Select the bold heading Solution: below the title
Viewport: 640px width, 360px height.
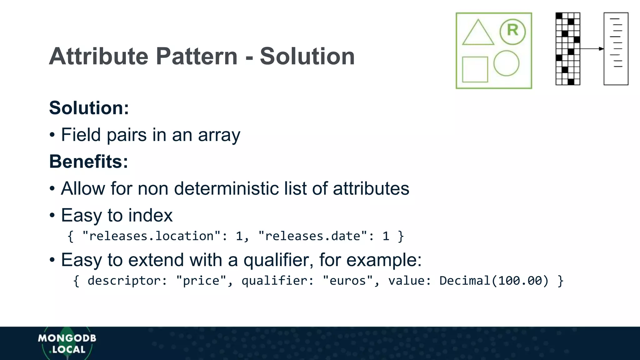[x=89, y=108]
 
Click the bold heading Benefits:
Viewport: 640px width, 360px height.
[x=88, y=162]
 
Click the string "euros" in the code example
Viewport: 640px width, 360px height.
[x=347, y=281]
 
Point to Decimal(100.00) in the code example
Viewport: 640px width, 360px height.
[x=494, y=281]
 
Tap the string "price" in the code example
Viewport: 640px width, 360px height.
[x=201, y=281]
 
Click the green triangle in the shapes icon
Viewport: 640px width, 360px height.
[x=478, y=33]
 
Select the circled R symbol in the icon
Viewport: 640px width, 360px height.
[x=512, y=31]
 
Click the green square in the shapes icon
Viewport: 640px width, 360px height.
[x=475, y=69]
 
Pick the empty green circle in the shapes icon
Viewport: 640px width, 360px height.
[x=506, y=63]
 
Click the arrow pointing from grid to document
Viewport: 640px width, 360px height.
[x=592, y=49]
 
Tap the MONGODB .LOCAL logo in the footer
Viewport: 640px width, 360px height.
[x=67, y=343]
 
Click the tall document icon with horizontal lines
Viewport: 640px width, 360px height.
[x=616, y=49]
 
